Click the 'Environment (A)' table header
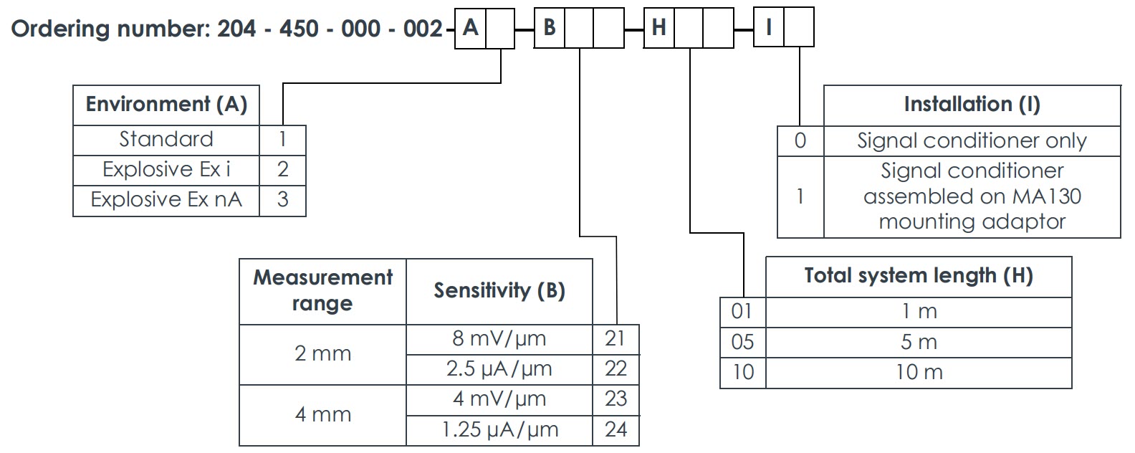(x=166, y=105)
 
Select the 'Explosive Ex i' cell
(x=166, y=170)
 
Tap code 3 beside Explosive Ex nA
(x=282, y=200)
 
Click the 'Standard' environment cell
(x=166, y=139)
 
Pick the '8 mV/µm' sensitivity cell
(x=499, y=338)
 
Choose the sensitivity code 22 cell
(x=616, y=369)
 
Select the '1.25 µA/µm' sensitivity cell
(x=499, y=430)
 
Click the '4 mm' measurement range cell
(x=322, y=414)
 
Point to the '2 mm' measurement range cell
(x=322, y=353)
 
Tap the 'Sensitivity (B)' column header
(x=499, y=291)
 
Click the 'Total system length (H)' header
(x=918, y=276)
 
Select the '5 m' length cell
(x=918, y=343)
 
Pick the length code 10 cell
(x=742, y=373)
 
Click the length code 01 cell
(x=742, y=312)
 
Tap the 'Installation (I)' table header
(x=971, y=105)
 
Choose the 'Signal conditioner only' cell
(x=971, y=141)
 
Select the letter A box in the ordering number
(x=470, y=28)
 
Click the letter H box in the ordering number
(x=659, y=28)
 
